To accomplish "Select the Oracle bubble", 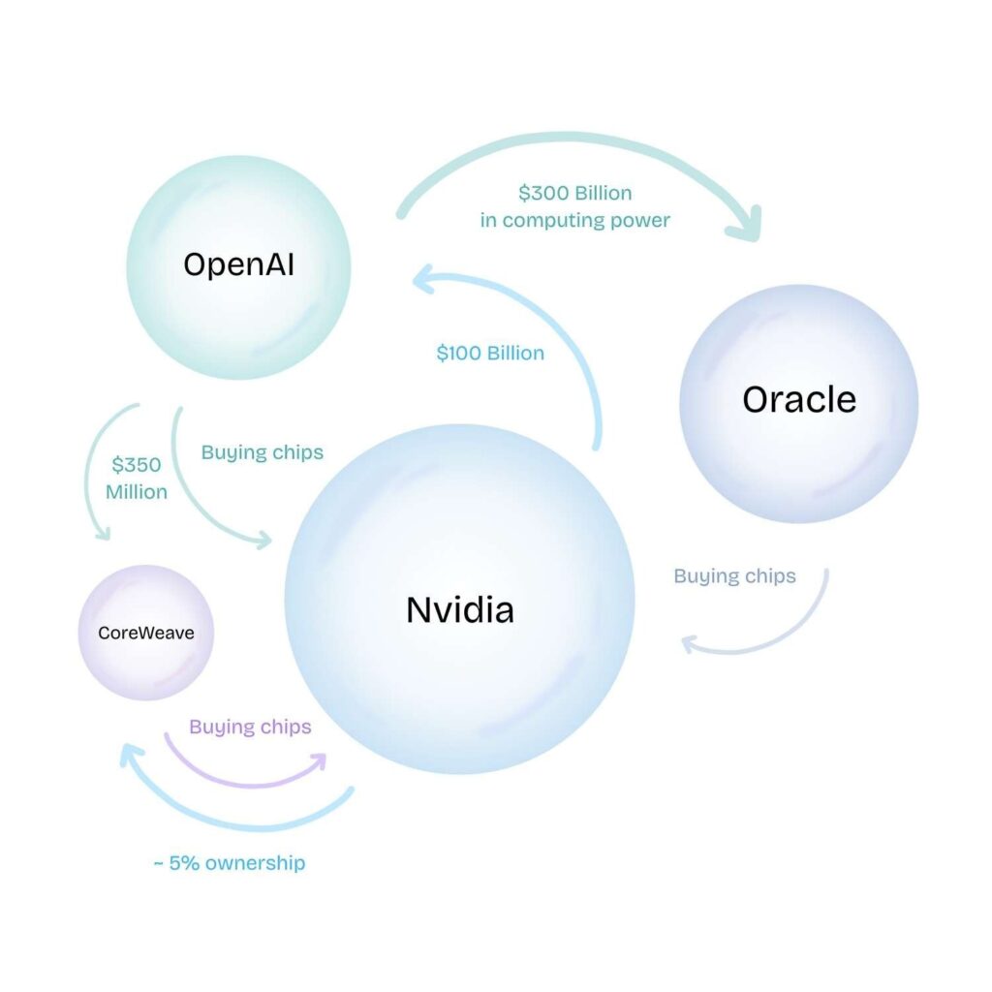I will pyautogui.click(x=798, y=403).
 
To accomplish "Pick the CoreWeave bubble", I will pyautogui.click(x=146, y=633).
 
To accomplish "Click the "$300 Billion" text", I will pyautogui.click(x=574, y=193).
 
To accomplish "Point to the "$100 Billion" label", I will pyautogui.click(x=490, y=354).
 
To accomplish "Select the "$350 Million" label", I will pyautogui.click(x=137, y=477).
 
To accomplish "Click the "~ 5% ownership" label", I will pyautogui.click(x=229, y=863).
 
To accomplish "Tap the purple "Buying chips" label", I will pyautogui.click(x=250, y=727).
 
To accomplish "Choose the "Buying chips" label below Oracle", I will pyautogui.click(x=734, y=576).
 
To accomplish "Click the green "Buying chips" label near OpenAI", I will pyautogui.click(x=262, y=452).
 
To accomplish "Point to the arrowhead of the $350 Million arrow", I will pyautogui.click(x=100, y=530).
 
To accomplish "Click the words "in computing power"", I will pyautogui.click(x=574, y=220).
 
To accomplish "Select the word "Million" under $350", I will pyautogui.click(x=137, y=492).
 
